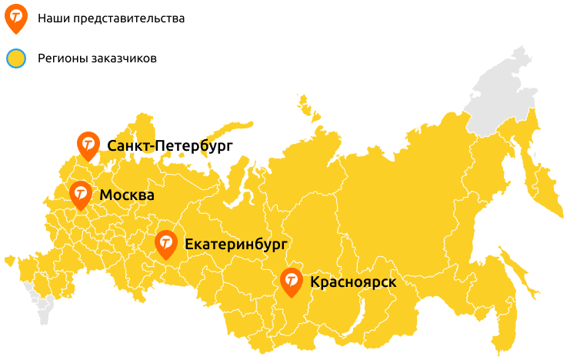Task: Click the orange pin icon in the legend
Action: pyautogui.click(x=15, y=17)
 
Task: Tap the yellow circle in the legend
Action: pyautogui.click(x=15, y=58)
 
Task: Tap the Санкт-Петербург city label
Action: pyautogui.click(x=170, y=145)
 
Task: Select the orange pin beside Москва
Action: pyautogui.click(x=80, y=195)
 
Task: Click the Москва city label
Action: pyautogui.click(x=127, y=195)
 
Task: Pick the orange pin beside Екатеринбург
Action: pyautogui.click(x=166, y=244)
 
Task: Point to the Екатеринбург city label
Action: pyautogui.click(x=235, y=245)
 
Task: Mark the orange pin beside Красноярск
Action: pyautogui.click(x=291, y=282)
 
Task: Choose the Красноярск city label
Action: pyautogui.click(x=353, y=282)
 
